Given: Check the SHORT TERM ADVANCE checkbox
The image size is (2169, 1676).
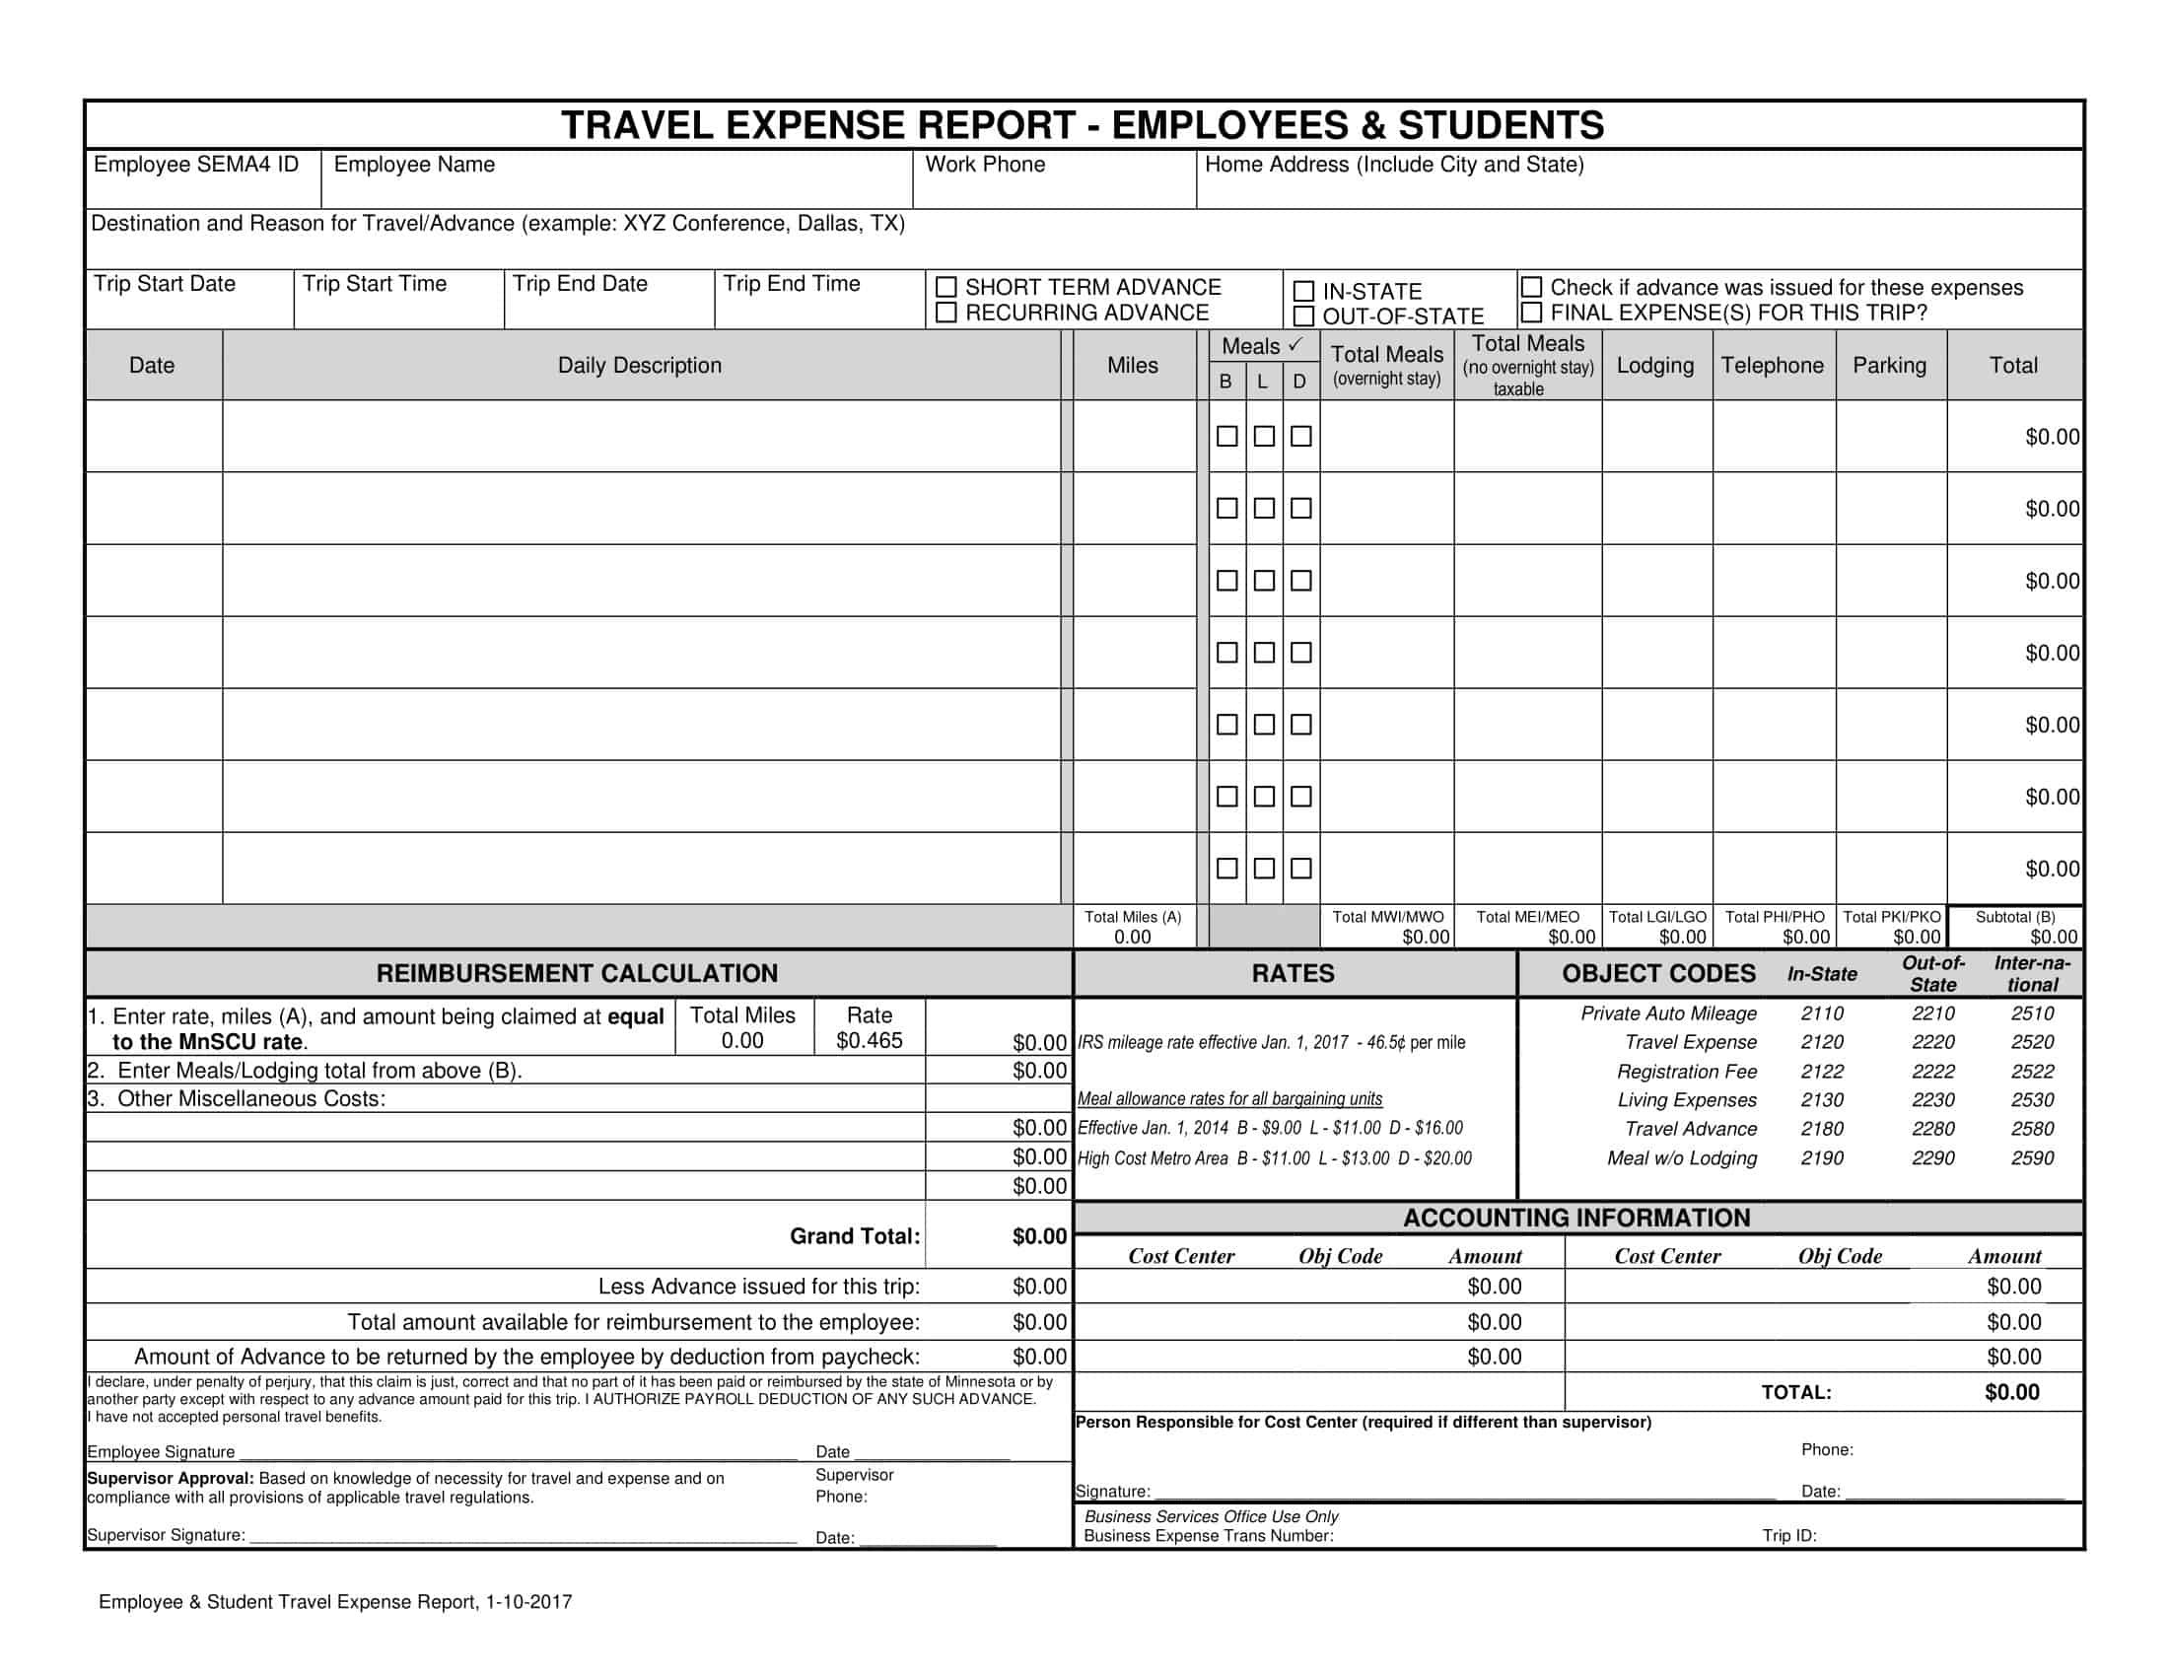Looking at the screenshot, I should click(946, 287).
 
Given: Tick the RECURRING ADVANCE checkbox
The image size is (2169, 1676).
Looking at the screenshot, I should click(946, 313).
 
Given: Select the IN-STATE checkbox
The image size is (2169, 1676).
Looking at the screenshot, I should click(1304, 291).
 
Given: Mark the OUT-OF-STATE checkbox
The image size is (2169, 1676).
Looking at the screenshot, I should click(1304, 316).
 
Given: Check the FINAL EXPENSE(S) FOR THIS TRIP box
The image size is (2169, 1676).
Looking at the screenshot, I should click(1531, 313).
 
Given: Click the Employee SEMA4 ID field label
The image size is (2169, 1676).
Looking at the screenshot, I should click(195, 165).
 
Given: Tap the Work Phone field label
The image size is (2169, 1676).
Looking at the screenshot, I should click(984, 165).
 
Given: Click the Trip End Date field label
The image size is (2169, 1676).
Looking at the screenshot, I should click(579, 284).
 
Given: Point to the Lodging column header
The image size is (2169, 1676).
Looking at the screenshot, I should click(1654, 366).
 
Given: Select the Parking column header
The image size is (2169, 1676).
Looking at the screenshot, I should click(1889, 366).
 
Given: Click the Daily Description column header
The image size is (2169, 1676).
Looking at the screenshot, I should click(639, 366).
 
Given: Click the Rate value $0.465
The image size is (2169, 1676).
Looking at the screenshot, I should click(869, 1040).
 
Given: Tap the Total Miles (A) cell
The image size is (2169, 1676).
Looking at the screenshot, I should click(1132, 927).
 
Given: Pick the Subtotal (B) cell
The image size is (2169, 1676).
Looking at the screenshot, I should click(2015, 927).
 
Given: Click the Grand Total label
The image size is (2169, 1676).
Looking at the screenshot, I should click(854, 1236).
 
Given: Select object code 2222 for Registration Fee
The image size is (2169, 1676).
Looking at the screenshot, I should click(1932, 1072).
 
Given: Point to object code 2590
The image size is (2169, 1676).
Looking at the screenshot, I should click(2032, 1157).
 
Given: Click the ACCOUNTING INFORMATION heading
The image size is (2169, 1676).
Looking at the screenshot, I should click(1576, 1219).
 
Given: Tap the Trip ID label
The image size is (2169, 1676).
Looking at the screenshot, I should click(1788, 1536).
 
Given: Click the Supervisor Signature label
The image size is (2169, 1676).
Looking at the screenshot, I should click(166, 1535).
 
